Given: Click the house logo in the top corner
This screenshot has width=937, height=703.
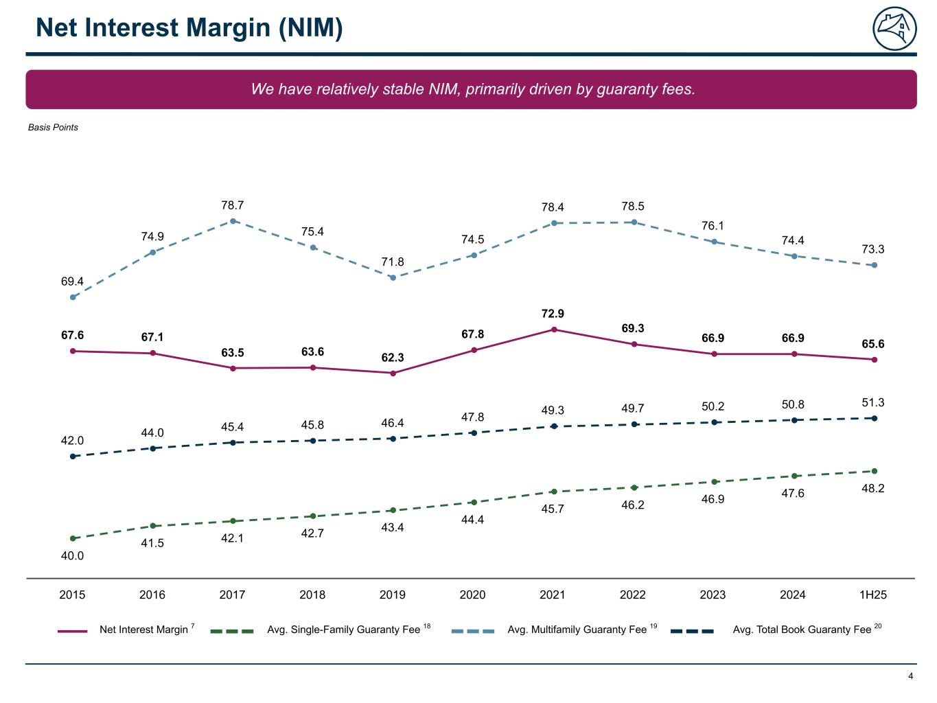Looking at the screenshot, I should point(894,29).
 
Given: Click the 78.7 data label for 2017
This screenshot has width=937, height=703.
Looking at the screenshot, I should point(232,205).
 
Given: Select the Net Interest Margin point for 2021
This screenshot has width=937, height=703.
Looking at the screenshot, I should point(554,330).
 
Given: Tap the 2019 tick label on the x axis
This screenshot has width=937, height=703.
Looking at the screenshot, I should point(393,595).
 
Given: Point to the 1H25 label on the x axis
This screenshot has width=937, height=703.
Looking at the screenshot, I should point(873,595).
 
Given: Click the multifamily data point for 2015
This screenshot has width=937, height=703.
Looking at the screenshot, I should point(73,297).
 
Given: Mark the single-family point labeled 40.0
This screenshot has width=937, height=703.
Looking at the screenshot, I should point(73,538).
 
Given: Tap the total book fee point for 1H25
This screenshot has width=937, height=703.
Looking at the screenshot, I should point(875,418).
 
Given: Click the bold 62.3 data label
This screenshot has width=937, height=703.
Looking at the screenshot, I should point(393,358).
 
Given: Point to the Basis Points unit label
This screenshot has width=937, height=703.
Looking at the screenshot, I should point(53,127).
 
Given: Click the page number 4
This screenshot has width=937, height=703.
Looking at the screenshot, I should point(911,676).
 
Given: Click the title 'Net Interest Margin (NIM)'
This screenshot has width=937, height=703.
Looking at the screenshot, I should point(189,28).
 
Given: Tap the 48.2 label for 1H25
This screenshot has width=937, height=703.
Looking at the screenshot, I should point(873,489).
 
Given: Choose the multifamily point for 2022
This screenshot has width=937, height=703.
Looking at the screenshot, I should point(634,222).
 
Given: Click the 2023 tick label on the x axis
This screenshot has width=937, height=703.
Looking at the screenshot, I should point(713,595).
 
